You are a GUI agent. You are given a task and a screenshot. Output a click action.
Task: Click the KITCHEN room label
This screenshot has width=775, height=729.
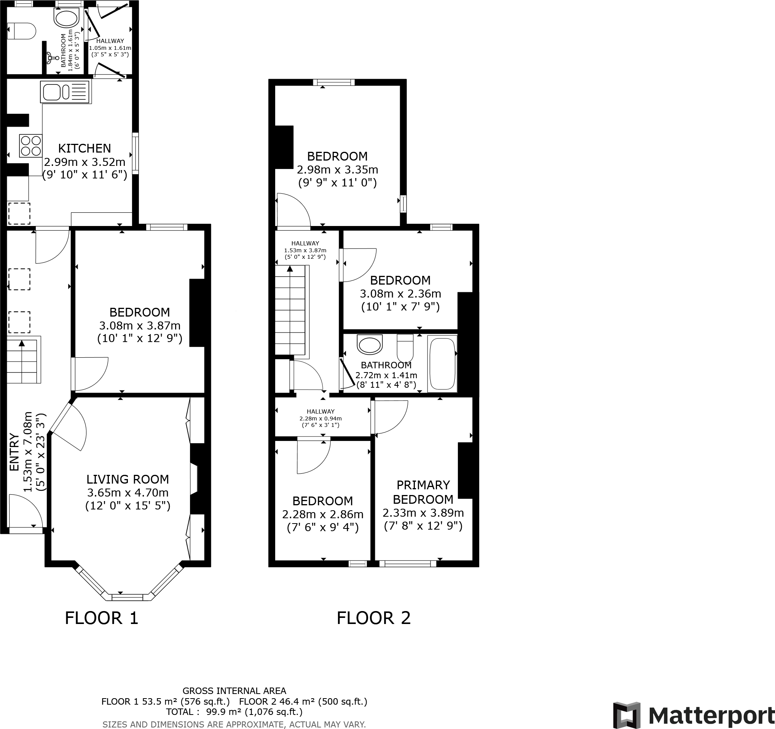[85, 148]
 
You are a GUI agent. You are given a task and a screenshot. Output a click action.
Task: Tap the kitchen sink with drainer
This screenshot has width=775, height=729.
[65, 92]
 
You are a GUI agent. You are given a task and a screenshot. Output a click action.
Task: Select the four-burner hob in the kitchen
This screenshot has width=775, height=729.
[31, 145]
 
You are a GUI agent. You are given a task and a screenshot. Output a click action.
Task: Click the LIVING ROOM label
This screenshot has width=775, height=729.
[128, 479]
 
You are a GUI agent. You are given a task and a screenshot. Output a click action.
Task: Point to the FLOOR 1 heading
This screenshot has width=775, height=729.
[101, 618]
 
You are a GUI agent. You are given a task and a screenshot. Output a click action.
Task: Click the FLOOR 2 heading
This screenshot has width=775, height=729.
[373, 618]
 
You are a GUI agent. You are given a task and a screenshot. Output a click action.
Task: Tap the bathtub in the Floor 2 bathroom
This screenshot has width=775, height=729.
[442, 363]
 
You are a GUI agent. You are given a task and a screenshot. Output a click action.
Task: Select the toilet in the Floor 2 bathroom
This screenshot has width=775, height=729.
[405, 347]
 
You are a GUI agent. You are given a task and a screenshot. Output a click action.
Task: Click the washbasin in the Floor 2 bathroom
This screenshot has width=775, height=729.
[370, 344]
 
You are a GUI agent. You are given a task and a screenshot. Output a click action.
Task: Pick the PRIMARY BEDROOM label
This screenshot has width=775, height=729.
[423, 492]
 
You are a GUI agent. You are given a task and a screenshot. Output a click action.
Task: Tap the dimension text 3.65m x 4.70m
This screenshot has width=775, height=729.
[128, 492]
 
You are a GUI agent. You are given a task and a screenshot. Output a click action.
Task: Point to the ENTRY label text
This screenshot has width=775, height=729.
[14, 452]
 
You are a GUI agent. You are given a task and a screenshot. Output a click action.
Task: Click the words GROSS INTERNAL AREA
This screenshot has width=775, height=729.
[234, 691]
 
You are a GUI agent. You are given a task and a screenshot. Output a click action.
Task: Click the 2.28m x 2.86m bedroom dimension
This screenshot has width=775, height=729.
[322, 514]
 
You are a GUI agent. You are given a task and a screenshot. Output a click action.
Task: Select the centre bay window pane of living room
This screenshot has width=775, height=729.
[128, 597]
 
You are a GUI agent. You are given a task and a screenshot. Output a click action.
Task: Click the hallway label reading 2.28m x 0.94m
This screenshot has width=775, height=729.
[321, 419]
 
